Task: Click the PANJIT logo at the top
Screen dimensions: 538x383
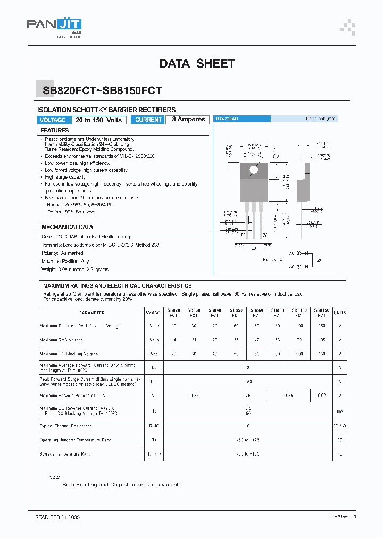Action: tap(54, 26)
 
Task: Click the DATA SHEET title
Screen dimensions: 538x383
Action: tap(197, 64)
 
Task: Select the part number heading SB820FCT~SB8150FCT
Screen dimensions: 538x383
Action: tap(102, 91)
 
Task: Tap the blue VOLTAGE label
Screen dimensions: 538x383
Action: tap(53, 120)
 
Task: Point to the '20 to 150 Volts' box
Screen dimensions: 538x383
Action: tap(98, 120)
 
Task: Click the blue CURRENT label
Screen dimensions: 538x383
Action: tap(148, 120)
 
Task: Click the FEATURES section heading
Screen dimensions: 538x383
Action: tap(55, 130)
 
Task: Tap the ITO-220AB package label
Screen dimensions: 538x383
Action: tap(226, 120)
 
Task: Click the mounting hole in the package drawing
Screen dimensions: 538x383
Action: tap(253, 171)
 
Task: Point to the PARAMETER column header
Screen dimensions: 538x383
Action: tap(92, 313)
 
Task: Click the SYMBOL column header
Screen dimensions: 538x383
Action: tap(154, 313)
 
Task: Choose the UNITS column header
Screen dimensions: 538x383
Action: tap(339, 313)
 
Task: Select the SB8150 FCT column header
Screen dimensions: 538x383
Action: tap(321, 313)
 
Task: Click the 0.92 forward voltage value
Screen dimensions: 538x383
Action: tap(321, 396)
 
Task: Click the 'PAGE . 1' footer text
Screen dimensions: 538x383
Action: tap(345, 517)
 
